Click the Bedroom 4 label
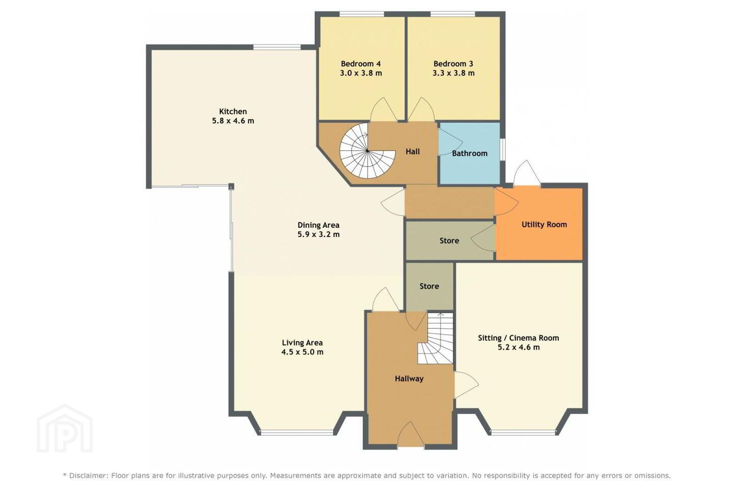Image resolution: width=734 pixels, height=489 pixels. (x=360, y=64)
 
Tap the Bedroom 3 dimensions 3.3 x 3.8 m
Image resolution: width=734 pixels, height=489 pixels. (x=454, y=73)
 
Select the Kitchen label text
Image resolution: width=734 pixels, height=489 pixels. (x=233, y=112)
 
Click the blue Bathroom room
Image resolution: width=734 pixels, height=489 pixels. (x=469, y=153)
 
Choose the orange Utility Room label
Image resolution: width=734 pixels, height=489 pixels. (x=544, y=224)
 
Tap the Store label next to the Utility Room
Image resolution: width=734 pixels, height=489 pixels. (x=449, y=241)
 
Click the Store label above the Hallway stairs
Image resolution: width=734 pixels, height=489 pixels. (x=429, y=286)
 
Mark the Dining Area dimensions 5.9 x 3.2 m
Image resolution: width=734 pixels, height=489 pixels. (x=319, y=234)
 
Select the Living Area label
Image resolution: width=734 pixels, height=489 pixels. (x=302, y=343)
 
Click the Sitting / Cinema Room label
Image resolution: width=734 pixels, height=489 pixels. (x=518, y=338)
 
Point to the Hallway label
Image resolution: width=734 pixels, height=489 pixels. (x=409, y=378)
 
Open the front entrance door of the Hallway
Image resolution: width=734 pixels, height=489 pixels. (x=411, y=434)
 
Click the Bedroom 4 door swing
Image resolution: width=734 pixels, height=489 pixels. (x=384, y=110)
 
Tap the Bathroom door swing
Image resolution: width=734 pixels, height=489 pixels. (x=450, y=142)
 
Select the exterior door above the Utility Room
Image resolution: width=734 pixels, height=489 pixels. (x=527, y=173)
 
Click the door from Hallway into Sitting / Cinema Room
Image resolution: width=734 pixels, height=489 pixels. (x=466, y=385)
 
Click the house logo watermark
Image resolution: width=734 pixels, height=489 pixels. (x=65, y=428)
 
